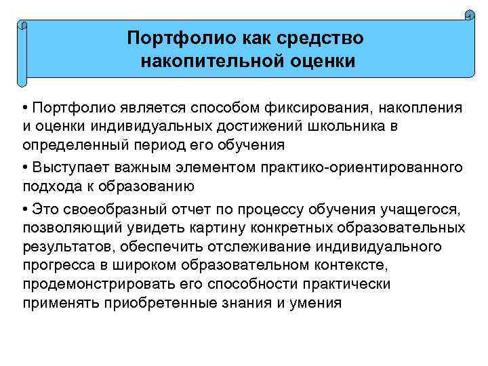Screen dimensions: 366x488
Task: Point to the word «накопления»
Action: [421, 108]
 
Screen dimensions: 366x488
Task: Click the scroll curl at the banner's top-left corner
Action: [24, 26]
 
